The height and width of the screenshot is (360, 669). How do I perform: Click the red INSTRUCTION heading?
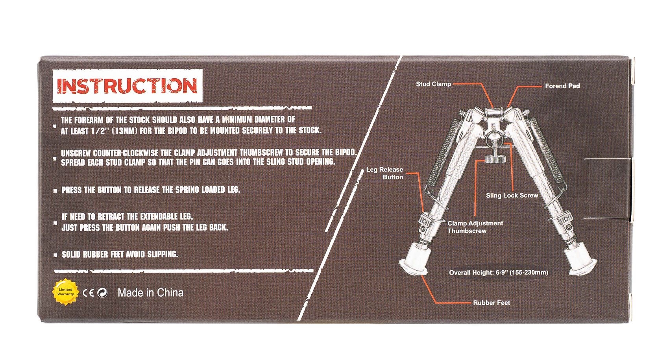[x=127, y=86]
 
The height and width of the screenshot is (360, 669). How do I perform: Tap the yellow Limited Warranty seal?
[x=65, y=292]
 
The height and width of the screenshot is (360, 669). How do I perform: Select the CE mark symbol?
[x=89, y=293]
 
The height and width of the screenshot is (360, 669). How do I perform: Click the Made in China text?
[x=150, y=293]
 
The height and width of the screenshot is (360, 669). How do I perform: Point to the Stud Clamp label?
[x=433, y=84]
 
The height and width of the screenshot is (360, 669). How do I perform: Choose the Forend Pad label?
[x=562, y=86]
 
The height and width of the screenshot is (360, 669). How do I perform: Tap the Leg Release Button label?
[x=385, y=174]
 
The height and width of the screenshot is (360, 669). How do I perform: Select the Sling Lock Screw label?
[x=512, y=196]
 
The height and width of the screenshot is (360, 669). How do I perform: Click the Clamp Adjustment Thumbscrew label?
[x=475, y=227]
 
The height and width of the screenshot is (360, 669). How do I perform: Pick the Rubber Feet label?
[x=492, y=303]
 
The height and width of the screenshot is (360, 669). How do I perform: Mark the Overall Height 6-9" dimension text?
[x=499, y=273]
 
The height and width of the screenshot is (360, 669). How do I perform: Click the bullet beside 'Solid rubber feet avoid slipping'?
[x=55, y=255]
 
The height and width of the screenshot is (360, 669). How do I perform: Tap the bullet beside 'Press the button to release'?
[x=55, y=191]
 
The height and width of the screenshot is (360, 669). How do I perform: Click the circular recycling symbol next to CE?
[x=102, y=293]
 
